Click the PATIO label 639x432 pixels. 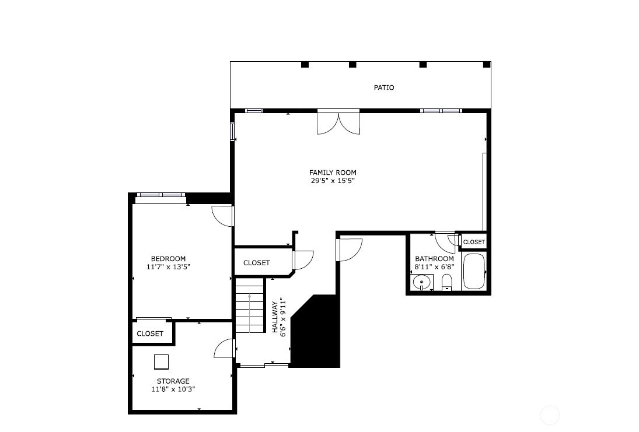384,87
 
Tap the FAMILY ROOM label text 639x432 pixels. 333,173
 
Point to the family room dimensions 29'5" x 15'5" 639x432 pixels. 333,181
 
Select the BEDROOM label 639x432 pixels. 168,259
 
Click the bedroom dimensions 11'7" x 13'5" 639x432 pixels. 168,267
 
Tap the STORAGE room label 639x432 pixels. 173,381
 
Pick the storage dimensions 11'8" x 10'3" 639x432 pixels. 173,389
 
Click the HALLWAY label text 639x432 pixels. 275,317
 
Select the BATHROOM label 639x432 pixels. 434,259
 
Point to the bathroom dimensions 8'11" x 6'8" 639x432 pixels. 434,267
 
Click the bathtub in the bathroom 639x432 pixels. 474,271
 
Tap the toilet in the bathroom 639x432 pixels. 447,282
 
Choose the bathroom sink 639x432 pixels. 421,282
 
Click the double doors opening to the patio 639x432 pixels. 338,122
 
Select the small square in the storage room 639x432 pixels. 162,362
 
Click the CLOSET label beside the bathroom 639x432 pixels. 474,243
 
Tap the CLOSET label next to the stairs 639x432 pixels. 256,263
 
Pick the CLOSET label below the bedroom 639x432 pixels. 150,334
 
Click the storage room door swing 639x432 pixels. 224,349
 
